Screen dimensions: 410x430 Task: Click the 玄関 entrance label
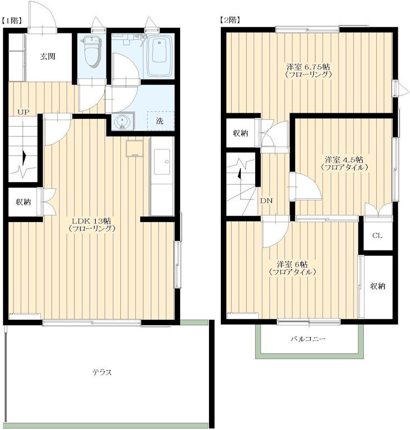[x=48, y=57]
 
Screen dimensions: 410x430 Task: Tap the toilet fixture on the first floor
[x=91, y=52]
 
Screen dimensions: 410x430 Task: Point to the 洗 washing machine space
[x=160, y=121]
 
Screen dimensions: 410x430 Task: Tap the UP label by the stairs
[x=23, y=112]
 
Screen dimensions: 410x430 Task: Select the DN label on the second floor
[x=267, y=200]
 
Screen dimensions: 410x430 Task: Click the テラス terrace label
[x=102, y=372]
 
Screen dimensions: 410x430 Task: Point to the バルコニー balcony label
[x=308, y=339]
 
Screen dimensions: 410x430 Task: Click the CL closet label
[x=377, y=235]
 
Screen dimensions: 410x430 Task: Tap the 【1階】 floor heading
[x=12, y=21]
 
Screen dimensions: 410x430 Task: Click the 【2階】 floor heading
[x=231, y=20]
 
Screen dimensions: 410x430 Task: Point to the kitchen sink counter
[x=162, y=176]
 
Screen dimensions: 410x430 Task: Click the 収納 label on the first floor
[x=23, y=202]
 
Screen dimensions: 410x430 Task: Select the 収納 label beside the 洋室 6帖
[x=378, y=286]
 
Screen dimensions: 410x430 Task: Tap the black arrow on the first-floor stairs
[x=24, y=158]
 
